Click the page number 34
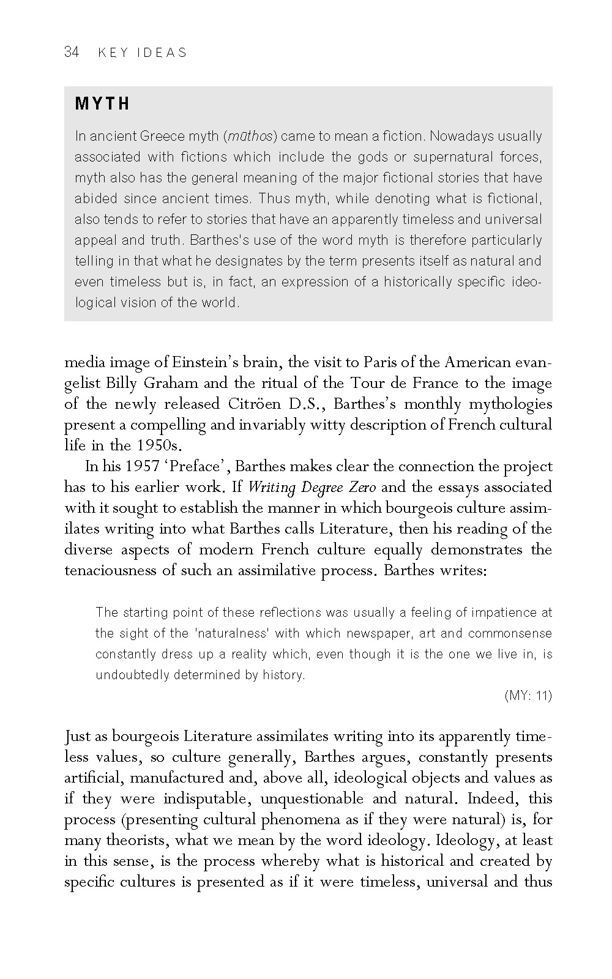72,52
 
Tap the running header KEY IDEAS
142,53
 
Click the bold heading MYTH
102,104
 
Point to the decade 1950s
157,445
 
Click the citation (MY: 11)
528,695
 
